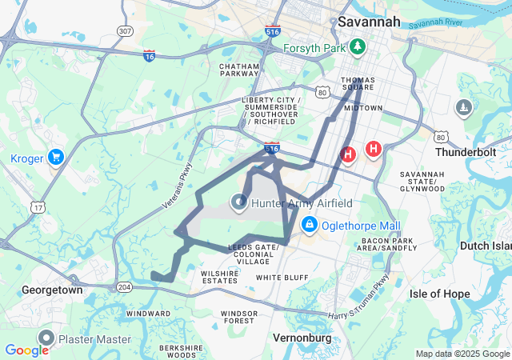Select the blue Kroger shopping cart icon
click(55, 157)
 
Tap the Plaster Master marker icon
click(46, 338)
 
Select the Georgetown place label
click(52, 290)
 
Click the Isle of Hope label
click(439, 294)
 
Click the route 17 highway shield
click(38, 208)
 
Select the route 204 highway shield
click(124, 286)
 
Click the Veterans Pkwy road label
click(178, 186)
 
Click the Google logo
click(26, 350)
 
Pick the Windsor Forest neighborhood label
click(239, 317)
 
